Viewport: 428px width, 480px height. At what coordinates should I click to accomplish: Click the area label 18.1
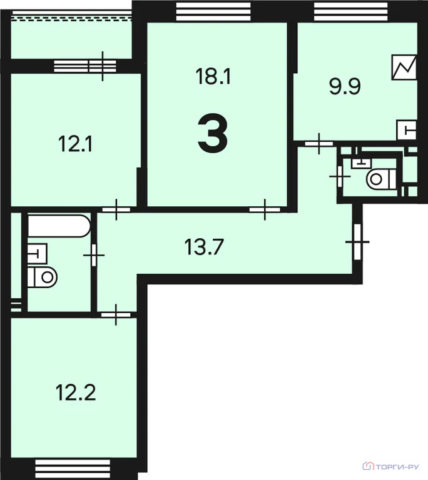coord(214,77)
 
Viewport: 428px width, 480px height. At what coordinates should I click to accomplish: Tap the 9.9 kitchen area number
coord(345,86)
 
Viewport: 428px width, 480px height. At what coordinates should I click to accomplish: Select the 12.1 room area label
coord(76,145)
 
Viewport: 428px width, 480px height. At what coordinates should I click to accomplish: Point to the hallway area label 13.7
coord(205,247)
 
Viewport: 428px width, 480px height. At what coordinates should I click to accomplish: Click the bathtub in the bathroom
coord(59,226)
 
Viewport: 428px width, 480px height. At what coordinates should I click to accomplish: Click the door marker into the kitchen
coord(319,144)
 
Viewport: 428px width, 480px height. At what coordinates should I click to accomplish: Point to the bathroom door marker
coord(94,255)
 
